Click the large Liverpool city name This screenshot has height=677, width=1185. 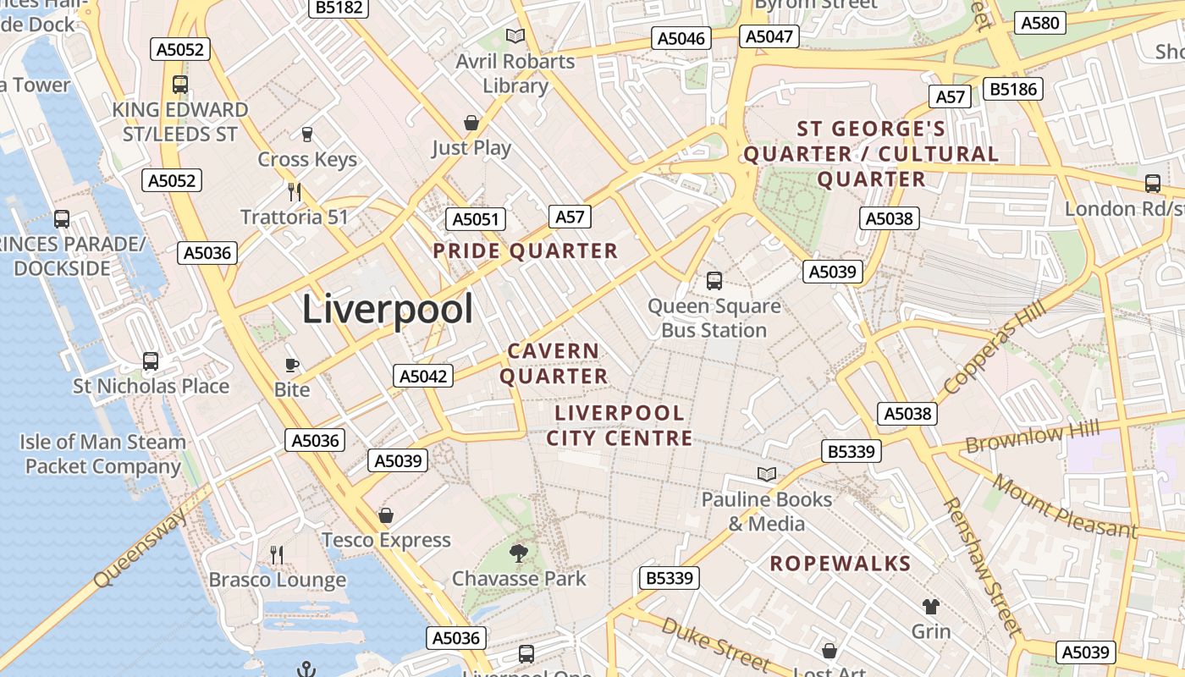(388, 309)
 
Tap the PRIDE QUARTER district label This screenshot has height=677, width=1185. (526, 251)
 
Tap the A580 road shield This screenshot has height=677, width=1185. (1040, 23)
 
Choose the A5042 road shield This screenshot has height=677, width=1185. (423, 376)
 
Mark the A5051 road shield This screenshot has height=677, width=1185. (476, 219)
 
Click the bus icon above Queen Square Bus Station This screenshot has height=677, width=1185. (714, 280)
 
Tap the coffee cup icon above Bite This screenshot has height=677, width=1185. (292, 365)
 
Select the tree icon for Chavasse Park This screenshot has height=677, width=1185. (519, 553)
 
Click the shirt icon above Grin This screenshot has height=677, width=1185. (931, 606)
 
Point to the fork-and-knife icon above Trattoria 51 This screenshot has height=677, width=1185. (295, 191)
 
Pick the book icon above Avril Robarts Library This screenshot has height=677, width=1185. (515, 36)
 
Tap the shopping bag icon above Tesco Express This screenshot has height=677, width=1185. (386, 515)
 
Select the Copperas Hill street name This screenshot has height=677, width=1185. (994, 348)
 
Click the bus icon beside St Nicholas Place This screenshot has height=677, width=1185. (151, 361)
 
